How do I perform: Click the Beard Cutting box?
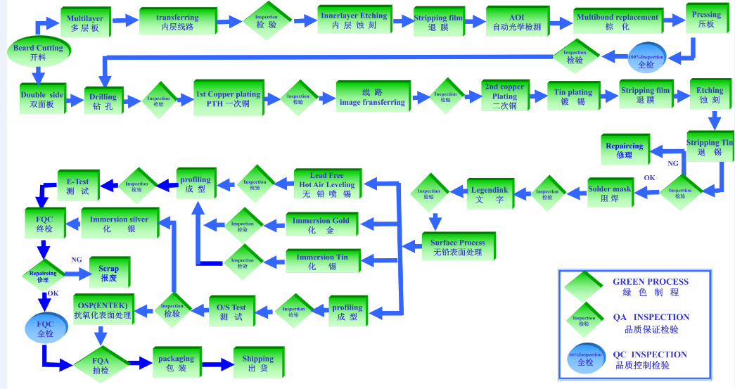[38, 53]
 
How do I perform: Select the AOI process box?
[517, 22]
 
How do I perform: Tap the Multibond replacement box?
[617, 22]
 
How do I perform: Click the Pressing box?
[706, 19]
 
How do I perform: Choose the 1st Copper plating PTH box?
[228, 98]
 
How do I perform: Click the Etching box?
[710, 95]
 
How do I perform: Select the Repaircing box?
[624, 150]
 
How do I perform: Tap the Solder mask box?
[610, 193]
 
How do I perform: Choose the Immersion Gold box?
[321, 224]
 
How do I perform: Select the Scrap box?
[108, 273]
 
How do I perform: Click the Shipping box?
[257, 363]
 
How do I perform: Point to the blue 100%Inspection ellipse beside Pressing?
[646, 60]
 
